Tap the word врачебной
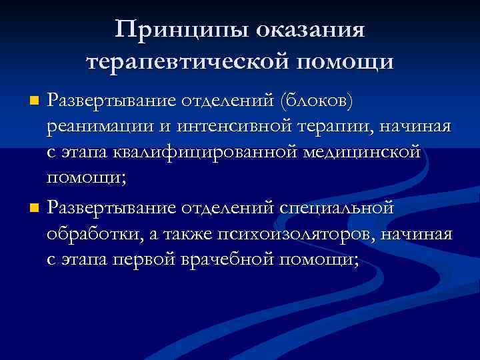coord(223,261)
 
